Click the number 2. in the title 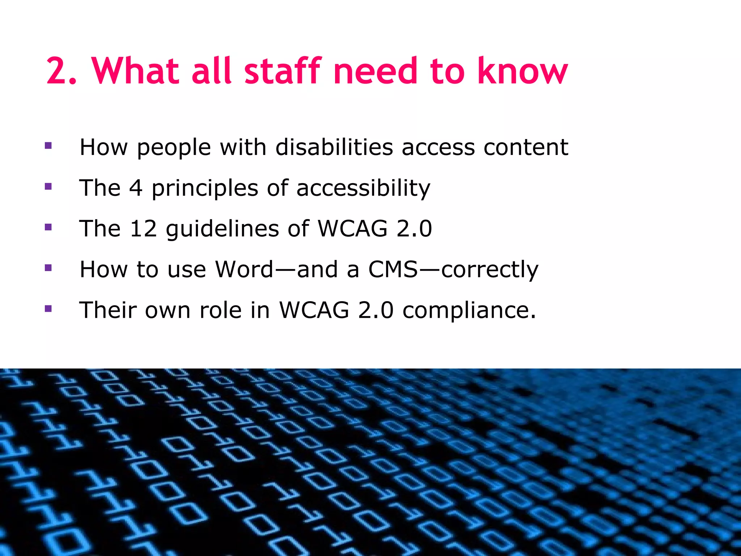click(x=62, y=71)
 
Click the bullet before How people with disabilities click(x=48, y=146)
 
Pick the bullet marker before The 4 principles click(x=48, y=187)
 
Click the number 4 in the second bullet click(x=136, y=188)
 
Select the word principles click(x=205, y=189)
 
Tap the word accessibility click(x=363, y=189)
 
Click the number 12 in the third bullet click(x=143, y=229)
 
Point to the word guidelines click(x=223, y=229)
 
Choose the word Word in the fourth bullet click(x=244, y=269)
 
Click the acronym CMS click(x=393, y=269)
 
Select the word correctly click(x=490, y=270)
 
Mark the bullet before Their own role click(x=48, y=309)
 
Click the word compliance click(x=469, y=311)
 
